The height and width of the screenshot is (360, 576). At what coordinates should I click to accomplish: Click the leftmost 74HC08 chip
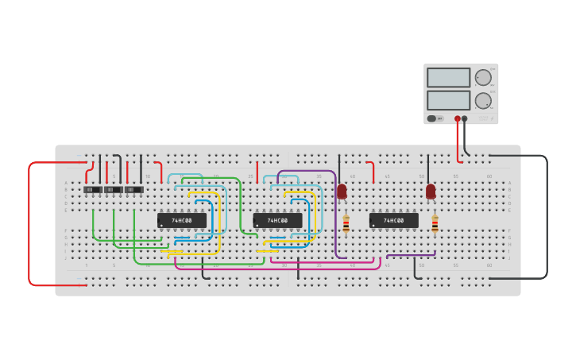pos(182,220)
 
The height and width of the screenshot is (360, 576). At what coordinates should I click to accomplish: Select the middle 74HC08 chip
pos(277,220)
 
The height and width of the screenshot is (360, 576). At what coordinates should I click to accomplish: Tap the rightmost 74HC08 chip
pos(393,220)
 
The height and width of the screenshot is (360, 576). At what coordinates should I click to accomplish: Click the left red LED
pos(342,192)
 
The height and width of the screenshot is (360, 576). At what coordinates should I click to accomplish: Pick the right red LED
pos(431,192)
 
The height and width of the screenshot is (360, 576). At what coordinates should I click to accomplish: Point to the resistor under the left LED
pos(346,223)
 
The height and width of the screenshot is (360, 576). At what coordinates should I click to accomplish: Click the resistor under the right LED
pos(435,223)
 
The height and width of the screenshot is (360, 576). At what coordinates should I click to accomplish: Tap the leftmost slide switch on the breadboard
pos(93,189)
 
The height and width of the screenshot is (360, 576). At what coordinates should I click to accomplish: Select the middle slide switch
pos(114,189)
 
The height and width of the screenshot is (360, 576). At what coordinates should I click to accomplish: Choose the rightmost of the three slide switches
pos(134,189)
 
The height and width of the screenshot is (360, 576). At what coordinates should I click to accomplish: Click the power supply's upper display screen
pos(448,77)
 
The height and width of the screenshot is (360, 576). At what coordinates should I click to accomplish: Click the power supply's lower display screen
pos(448,100)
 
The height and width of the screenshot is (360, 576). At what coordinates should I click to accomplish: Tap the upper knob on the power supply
pos(483,77)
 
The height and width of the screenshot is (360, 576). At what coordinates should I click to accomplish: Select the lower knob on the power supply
pos(483,100)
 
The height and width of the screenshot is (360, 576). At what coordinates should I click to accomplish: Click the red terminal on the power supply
pos(458,118)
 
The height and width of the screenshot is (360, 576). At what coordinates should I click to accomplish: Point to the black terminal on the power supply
pos(465,118)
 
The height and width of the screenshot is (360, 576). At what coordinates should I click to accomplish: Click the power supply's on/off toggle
pos(432,118)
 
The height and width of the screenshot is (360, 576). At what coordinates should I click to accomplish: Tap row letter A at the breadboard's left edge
pos(66,183)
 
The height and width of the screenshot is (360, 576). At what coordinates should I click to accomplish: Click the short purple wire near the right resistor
pos(411,255)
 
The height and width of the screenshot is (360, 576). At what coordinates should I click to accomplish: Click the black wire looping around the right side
pos(547,215)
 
